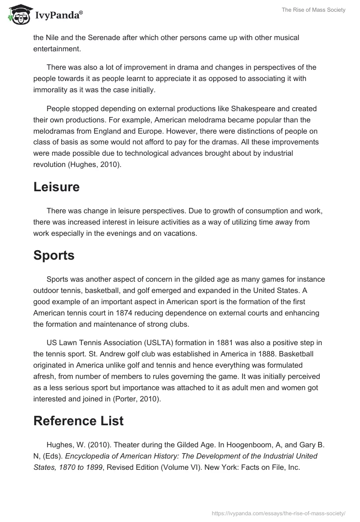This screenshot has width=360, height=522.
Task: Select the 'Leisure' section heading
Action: (56, 187)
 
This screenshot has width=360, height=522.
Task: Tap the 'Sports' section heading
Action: (54, 256)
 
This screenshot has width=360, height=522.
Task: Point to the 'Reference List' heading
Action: (78, 421)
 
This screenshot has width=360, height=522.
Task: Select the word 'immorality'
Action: (52, 90)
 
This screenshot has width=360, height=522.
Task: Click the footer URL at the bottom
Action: (278, 513)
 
